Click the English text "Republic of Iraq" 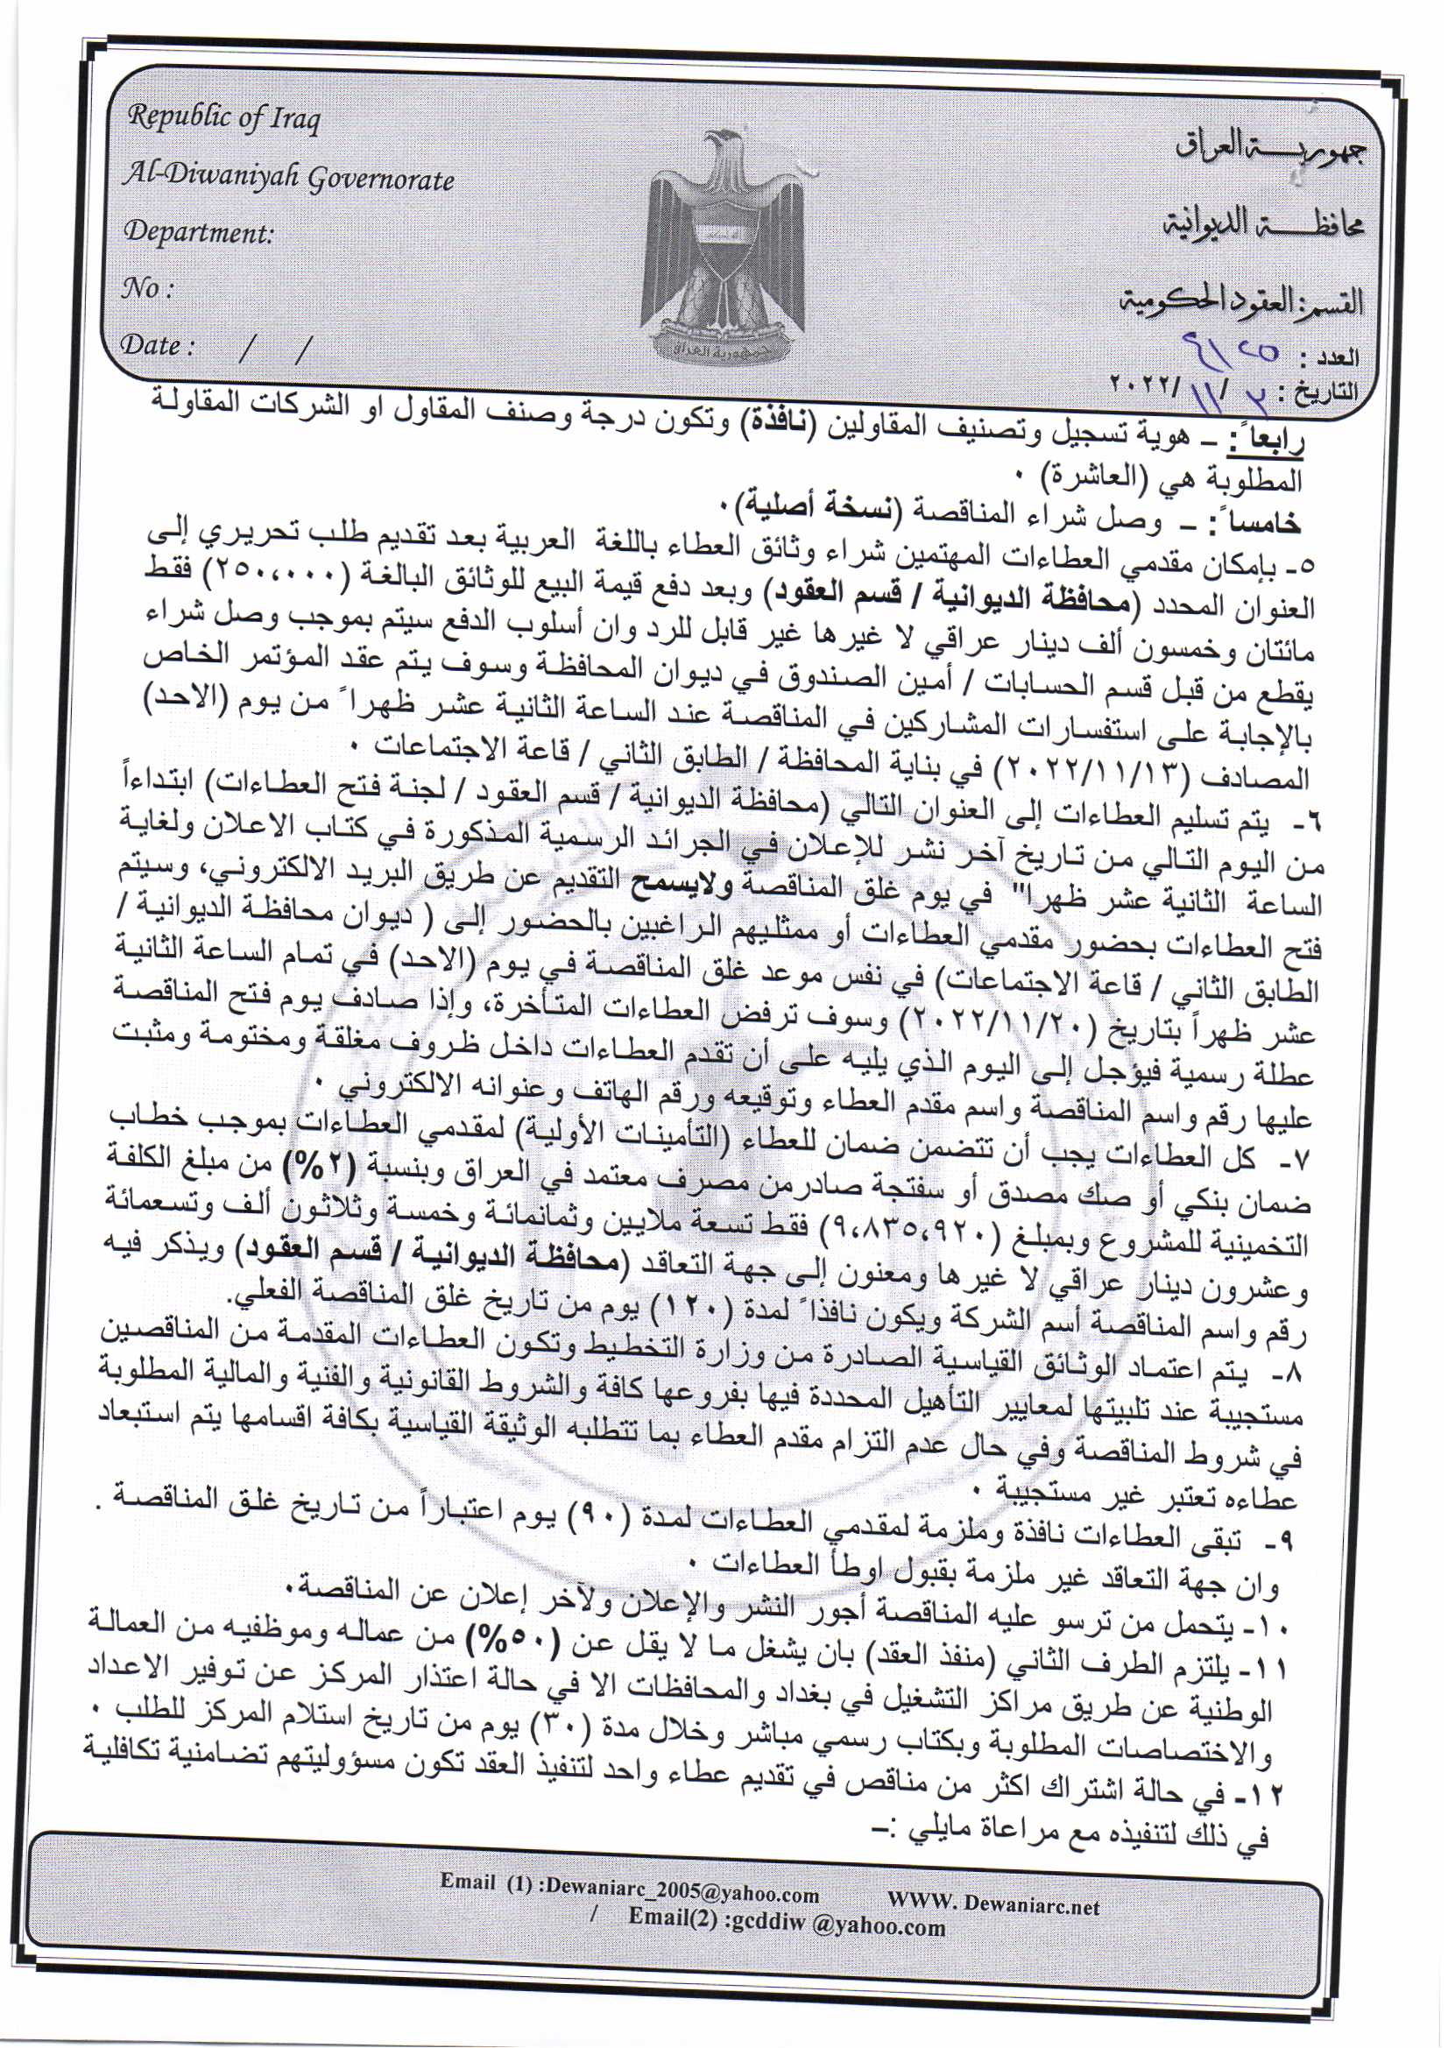[x=223, y=117]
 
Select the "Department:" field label [x=197, y=233]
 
